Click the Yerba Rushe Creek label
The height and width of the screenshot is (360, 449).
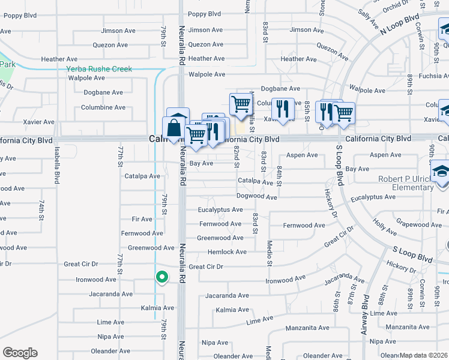(99, 69)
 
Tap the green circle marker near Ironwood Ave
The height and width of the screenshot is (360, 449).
(161, 277)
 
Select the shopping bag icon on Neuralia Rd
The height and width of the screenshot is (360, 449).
(174, 128)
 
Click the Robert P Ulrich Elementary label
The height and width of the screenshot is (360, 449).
(414, 183)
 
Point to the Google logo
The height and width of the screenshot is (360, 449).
(20, 353)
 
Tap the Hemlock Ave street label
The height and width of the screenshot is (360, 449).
(227, 252)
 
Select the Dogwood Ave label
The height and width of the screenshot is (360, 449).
(256, 197)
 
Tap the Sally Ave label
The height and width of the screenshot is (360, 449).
(364, 13)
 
